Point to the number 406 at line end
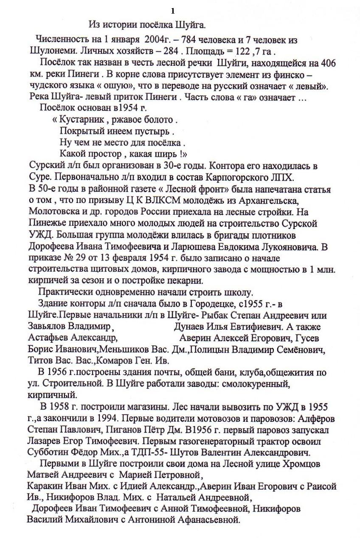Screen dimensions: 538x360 (328, 63)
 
